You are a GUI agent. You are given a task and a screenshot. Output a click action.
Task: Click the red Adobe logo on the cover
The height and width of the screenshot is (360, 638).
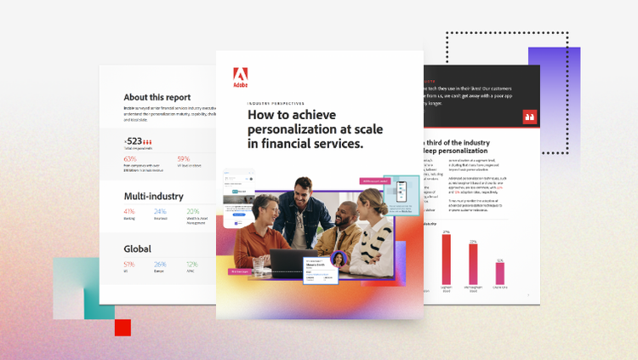click(x=241, y=77)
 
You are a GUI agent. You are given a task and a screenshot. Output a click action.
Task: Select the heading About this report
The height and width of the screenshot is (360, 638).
click(x=157, y=97)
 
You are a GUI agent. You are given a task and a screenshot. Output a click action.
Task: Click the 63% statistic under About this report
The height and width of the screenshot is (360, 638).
click(x=130, y=159)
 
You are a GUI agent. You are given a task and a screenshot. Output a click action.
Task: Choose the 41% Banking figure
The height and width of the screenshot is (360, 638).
click(x=129, y=211)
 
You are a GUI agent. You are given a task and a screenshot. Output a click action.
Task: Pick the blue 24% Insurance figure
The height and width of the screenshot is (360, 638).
click(x=161, y=211)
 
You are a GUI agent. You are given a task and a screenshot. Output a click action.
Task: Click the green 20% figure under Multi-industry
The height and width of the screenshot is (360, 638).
click(x=193, y=211)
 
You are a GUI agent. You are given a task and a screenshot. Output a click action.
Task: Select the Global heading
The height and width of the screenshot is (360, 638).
click(x=138, y=249)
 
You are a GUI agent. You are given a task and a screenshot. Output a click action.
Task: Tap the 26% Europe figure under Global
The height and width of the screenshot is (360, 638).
click(x=161, y=264)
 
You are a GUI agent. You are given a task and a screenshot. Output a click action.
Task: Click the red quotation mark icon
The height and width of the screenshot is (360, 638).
click(x=530, y=117)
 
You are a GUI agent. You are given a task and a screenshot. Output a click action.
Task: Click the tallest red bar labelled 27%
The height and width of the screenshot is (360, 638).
click(x=446, y=259)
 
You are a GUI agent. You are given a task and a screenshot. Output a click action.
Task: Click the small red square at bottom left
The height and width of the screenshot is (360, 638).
click(x=122, y=328)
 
